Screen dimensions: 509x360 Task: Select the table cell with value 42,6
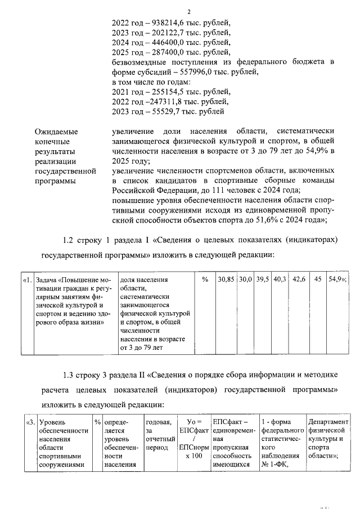pyautogui.click(x=299, y=280)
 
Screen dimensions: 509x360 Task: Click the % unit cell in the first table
pyautogui.click(x=205, y=280)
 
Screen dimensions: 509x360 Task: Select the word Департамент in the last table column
pyautogui.click(x=328, y=422)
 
